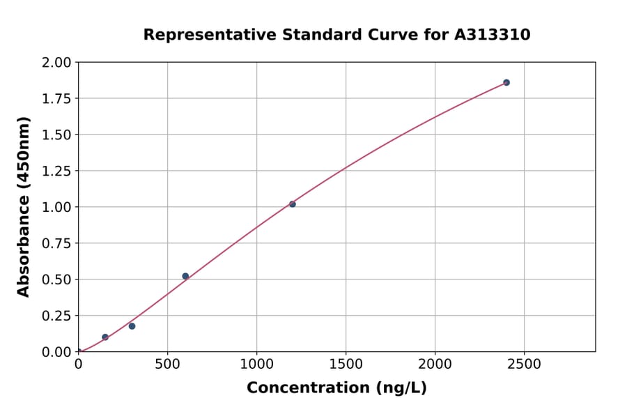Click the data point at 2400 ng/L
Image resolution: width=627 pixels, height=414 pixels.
pyautogui.click(x=506, y=82)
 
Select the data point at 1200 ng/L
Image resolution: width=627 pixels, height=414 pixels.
pyautogui.click(x=293, y=204)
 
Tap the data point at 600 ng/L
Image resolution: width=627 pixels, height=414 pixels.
pyautogui.click(x=185, y=276)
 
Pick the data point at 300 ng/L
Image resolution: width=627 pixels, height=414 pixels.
pyautogui.click(x=132, y=326)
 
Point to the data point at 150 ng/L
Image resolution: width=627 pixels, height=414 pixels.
pyautogui.click(x=105, y=337)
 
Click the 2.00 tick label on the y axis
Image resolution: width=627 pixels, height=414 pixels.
pyautogui.click(x=56, y=63)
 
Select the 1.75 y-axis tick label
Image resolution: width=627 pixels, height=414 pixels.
pyautogui.click(x=56, y=99)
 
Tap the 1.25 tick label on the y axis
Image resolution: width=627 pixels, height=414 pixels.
pyautogui.click(x=56, y=171)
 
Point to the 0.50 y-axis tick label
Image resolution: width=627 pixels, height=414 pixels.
pyautogui.click(x=56, y=279)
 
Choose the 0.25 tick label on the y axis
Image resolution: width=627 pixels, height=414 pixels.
pyautogui.click(x=56, y=316)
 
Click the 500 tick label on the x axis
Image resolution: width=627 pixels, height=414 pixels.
pyautogui.click(x=167, y=365)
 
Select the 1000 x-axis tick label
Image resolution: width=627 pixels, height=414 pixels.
pyautogui.click(x=256, y=365)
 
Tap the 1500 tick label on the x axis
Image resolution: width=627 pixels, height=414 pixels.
pyautogui.click(x=346, y=365)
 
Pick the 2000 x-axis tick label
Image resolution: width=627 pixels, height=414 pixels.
pyautogui.click(x=435, y=365)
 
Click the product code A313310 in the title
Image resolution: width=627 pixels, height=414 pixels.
pyautogui.click(x=493, y=34)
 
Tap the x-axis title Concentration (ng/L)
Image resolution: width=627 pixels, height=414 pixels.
pyautogui.click(x=336, y=388)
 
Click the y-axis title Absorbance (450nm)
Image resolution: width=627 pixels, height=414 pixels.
pyautogui.click(x=24, y=207)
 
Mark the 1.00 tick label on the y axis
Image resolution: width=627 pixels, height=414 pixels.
pyautogui.click(x=56, y=208)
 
